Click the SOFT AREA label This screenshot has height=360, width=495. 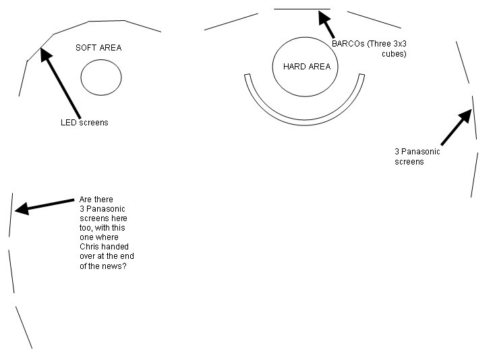tap(98, 48)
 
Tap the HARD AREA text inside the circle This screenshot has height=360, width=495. tap(307, 67)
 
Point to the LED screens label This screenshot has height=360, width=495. tap(84, 123)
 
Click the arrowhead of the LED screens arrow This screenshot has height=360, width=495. tap(46, 55)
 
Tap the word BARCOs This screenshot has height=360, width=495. tap(348, 44)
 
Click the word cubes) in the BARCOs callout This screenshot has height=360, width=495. tap(394, 54)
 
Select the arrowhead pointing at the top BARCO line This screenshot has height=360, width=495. tap(324, 18)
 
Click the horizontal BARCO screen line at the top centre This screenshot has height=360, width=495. tap(302, 9)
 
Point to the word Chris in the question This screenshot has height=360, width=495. tap(88, 247)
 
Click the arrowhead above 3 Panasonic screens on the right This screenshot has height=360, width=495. tap(465, 115)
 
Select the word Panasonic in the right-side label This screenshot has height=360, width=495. tap(421, 152)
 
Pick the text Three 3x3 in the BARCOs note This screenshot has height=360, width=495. tap(386, 44)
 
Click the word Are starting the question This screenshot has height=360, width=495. tap(84, 200)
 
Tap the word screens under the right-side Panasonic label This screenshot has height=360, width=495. tap(409, 162)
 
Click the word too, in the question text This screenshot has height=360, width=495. tap(86, 228)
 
